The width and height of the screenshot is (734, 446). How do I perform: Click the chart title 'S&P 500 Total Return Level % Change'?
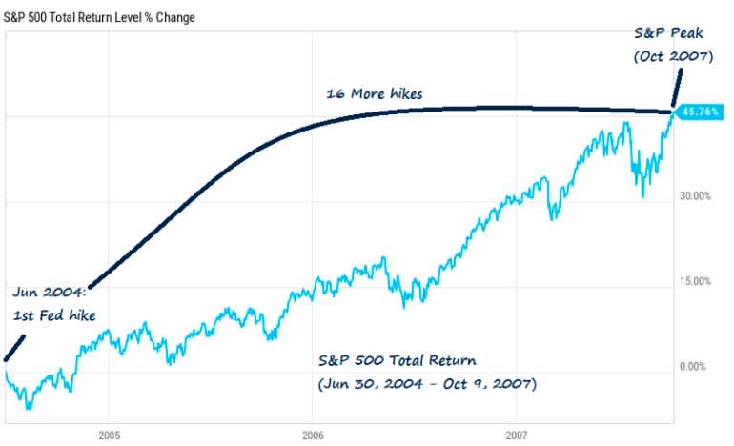pyautogui.click(x=99, y=17)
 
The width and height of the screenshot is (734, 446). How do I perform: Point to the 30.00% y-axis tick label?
pyautogui.click(x=695, y=196)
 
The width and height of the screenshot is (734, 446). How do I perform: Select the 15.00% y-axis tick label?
pyautogui.click(x=695, y=282)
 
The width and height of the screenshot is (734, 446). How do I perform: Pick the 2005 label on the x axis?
pyautogui.click(x=108, y=435)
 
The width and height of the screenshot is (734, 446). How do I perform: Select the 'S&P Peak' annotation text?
pyautogui.click(x=674, y=32)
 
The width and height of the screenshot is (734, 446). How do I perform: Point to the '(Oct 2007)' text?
pyautogui.click(x=674, y=56)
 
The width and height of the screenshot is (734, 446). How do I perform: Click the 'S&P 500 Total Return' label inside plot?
pyautogui.click(x=397, y=361)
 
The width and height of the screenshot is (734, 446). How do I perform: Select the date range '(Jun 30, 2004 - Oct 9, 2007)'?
pyautogui.click(x=426, y=385)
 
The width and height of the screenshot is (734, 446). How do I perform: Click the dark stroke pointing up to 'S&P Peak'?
pyautogui.click(x=678, y=89)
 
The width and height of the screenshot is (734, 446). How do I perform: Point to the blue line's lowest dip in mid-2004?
pyautogui.click(x=29, y=407)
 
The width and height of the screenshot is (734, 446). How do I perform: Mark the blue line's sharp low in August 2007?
pyautogui.click(x=643, y=195)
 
